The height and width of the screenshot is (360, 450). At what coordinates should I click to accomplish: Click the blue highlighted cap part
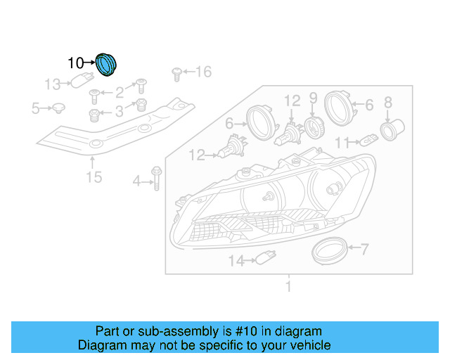coord(107,64)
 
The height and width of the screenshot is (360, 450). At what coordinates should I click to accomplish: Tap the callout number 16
coord(202,71)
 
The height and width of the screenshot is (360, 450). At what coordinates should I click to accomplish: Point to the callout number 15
coord(94,176)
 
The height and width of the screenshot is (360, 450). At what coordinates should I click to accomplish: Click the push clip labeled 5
coord(58,108)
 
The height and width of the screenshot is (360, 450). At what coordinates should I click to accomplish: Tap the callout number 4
coord(136,183)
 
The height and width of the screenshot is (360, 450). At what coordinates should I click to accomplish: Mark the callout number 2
coord(120,91)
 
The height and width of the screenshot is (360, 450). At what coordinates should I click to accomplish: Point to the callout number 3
coord(120,110)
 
